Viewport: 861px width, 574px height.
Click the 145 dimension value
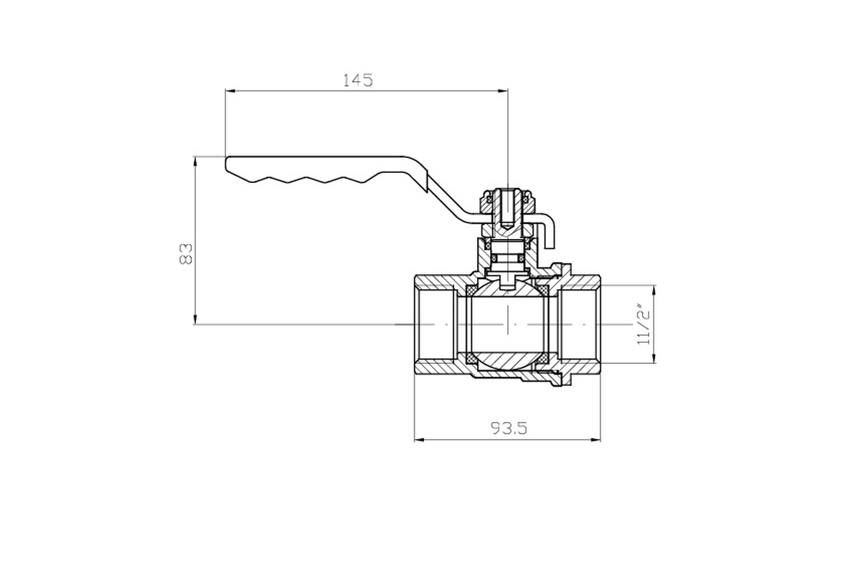(357, 80)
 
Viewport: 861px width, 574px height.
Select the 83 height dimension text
(186, 253)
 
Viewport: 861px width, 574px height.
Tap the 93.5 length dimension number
(509, 428)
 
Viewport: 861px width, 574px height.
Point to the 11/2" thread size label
(644, 324)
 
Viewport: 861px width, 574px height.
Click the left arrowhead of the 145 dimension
(230, 91)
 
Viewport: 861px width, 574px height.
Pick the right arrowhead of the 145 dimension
(503, 91)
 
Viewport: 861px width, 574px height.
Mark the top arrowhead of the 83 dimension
(195, 161)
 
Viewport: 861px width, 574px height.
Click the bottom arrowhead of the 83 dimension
(195, 319)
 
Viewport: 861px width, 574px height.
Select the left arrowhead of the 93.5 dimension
(419, 439)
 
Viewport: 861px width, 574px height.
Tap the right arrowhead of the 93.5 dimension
(596, 439)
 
